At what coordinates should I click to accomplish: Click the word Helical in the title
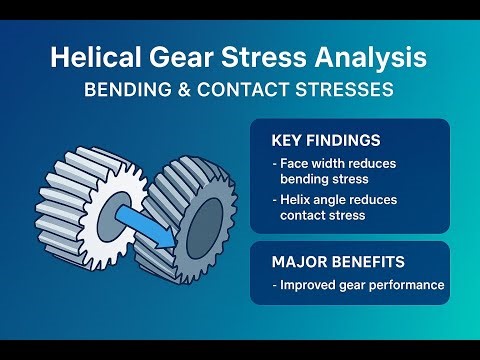tap(96, 58)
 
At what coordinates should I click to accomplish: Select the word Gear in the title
tap(185, 58)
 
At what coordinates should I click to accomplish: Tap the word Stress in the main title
tap(262, 58)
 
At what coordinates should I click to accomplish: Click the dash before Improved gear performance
tap(274, 286)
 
